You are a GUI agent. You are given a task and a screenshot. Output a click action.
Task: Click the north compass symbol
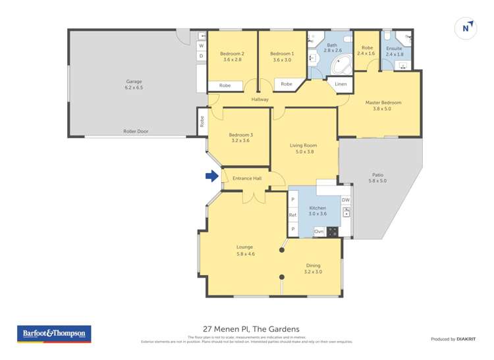[x=466, y=28]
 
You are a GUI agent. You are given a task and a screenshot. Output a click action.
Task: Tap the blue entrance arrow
[x=211, y=176]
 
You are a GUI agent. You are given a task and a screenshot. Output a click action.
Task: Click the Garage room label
[x=134, y=84]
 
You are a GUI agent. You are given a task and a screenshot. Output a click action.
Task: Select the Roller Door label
[x=136, y=132]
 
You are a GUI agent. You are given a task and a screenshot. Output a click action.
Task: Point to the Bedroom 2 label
[x=232, y=56]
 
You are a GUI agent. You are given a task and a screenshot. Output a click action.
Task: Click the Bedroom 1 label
[x=282, y=56]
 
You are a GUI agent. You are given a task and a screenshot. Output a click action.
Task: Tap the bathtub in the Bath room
[x=341, y=64]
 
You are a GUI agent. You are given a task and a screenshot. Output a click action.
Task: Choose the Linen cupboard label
[x=340, y=84]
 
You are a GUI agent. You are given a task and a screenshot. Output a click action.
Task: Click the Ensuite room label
[x=394, y=51]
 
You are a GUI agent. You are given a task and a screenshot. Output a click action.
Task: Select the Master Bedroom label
[x=383, y=105]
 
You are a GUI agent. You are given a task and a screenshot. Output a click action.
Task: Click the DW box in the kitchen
[x=345, y=200]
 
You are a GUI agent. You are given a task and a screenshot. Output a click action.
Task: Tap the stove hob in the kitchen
[x=333, y=231]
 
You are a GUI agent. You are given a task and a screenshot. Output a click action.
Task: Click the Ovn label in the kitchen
[x=319, y=231]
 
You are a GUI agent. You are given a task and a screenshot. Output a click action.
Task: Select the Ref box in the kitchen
[x=292, y=215]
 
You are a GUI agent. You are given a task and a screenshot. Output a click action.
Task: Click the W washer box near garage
[x=201, y=46]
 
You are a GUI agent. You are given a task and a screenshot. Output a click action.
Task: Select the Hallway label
[x=260, y=99]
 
